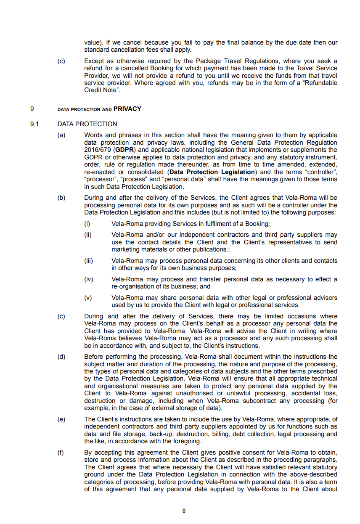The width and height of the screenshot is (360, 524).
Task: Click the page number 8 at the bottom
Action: (x=184, y=511)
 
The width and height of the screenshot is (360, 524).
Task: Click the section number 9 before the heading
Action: (x=32, y=109)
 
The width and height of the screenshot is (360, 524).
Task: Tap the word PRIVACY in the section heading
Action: (x=127, y=109)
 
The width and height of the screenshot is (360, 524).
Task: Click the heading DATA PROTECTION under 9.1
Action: (x=87, y=124)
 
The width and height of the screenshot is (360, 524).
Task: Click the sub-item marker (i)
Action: (x=87, y=224)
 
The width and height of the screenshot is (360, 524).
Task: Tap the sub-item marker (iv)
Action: (x=88, y=279)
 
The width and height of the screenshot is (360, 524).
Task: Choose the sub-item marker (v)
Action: (x=88, y=298)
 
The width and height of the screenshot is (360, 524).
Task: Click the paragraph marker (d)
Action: (x=61, y=357)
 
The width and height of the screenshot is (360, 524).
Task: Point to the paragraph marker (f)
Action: (x=61, y=452)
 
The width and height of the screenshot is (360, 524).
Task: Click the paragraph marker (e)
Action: (x=61, y=419)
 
